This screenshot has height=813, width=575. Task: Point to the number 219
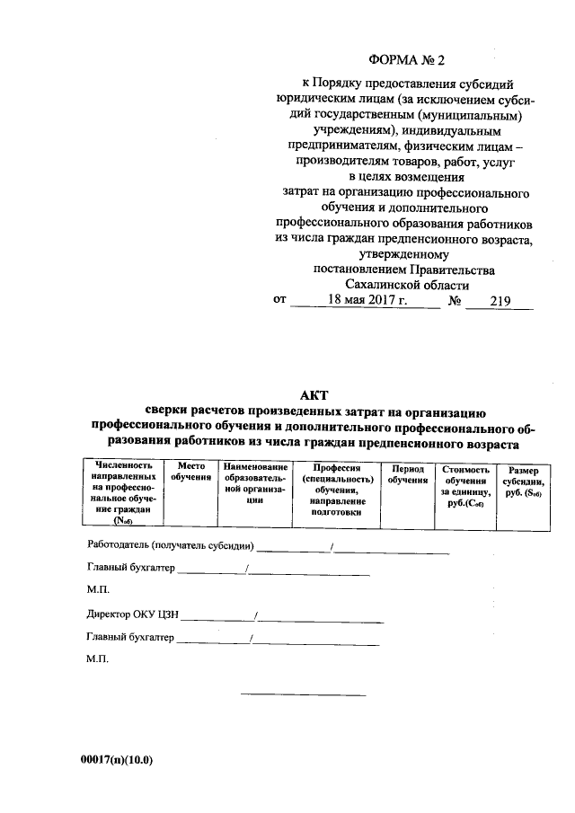coord(500,302)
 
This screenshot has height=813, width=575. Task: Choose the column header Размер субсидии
coord(524,482)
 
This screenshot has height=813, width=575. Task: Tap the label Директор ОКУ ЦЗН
coord(134,616)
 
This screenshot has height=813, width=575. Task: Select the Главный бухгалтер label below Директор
coord(131,639)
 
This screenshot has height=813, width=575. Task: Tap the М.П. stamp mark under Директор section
coord(97,660)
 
